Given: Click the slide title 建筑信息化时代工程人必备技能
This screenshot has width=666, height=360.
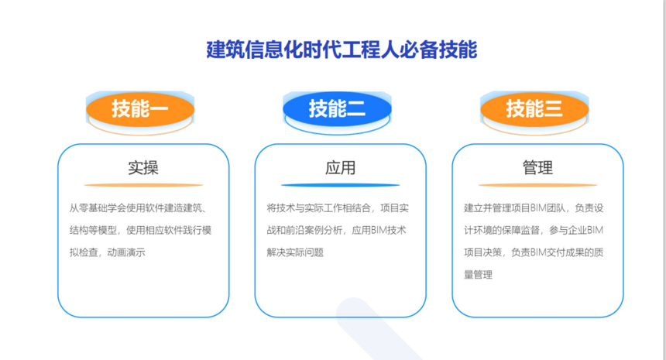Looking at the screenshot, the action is pyautogui.click(x=342, y=50).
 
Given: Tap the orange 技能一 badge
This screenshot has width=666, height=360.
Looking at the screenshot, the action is pyautogui.click(x=140, y=108).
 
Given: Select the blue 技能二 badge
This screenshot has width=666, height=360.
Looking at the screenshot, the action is pyautogui.click(x=337, y=108).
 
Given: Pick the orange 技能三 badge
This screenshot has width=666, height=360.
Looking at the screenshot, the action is pyautogui.click(x=534, y=108).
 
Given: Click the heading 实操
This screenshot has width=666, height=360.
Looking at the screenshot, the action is pyautogui.click(x=143, y=168).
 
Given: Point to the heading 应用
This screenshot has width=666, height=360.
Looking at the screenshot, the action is pyautogui.click(x=340, y=168).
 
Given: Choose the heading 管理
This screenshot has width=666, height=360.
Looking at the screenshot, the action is pyautogui.click(x=537, y=168).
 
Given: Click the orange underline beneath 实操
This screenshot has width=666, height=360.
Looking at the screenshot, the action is pyautogui.click(x=143, y=185).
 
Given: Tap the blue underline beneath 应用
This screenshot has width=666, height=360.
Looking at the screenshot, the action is pyautogui.click(x=340, y=185).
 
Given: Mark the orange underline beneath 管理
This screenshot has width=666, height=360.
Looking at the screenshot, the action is pyautogui.click(x=537, y=185).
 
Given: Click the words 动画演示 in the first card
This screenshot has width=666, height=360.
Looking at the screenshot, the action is pyautogui.click(x=126, y=252).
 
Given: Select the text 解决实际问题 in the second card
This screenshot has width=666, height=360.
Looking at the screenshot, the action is pyautogui.click(x=295, y=252).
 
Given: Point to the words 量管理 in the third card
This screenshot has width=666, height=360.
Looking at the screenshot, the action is pyautogui.click(x=479, y=275).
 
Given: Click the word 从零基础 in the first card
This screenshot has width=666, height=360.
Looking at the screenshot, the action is pyautogui.click(x=88, y=208).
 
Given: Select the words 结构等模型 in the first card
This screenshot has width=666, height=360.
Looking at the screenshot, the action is pyautogui.click(x=93, y=230).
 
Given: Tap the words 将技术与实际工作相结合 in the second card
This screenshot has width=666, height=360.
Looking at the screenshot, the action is pyautogui.click(x=318, y=208).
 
